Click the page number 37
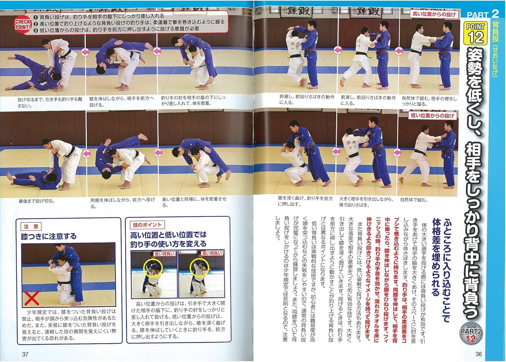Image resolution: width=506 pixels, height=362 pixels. click(25, 354)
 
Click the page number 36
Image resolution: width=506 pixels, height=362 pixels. click(478, 354)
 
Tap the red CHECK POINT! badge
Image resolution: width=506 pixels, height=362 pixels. click(23, 24)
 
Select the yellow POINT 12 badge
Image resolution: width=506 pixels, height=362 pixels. click(476, 33)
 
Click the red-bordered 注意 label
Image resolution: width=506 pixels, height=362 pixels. click(31, 226)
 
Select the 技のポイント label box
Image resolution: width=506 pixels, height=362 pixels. click(147, 225)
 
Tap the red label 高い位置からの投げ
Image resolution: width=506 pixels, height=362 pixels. click(434, 14)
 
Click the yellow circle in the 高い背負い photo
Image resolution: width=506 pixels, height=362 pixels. click(200, 267)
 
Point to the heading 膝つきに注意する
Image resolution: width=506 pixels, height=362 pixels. click(49, 236)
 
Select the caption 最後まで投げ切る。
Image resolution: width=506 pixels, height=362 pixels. click(37, 201)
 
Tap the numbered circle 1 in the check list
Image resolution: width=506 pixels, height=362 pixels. click(36, 17)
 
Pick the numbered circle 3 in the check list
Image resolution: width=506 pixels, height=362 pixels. click(36, 29)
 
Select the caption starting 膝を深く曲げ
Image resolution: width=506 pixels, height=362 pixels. click(305, 201)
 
